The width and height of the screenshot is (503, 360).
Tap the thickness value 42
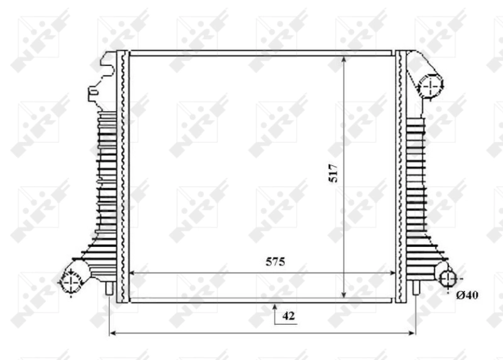click(x=288, y=316)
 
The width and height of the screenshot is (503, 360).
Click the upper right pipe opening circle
click(x=431, y=86)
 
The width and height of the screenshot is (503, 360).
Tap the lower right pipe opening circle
click(x=448, y=279)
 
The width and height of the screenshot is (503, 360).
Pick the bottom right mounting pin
click(x=415, y=288)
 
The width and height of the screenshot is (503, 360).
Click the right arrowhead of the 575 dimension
click(x=393, y=273)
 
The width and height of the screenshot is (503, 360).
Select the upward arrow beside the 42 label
click(x=275, y=309)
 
